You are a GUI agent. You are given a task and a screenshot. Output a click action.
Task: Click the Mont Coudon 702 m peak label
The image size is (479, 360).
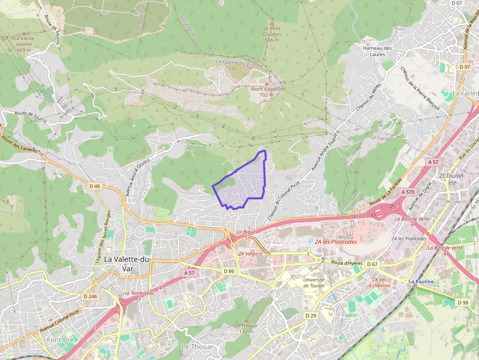coord(267,92)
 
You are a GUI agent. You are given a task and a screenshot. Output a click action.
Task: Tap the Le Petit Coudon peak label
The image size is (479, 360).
coord(272,34)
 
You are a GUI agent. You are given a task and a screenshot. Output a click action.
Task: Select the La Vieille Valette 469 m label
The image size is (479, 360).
coord(23,44)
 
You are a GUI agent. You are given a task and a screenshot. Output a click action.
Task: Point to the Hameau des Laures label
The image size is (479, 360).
coord(377,51)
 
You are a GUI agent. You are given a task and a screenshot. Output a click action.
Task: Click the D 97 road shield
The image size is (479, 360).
coord(464,66)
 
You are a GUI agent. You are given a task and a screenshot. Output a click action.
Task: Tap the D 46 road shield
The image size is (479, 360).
coord(95,186)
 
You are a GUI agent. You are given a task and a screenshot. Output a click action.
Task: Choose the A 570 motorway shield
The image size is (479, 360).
coord(408,192)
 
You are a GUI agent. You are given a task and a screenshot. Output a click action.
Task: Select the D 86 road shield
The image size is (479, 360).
coord(229,271)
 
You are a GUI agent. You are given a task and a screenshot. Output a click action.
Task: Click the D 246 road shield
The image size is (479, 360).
coord(89,296)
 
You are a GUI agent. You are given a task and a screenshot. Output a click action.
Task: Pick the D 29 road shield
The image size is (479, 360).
coord(311,316)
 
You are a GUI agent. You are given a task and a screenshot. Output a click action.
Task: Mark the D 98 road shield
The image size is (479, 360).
coord(463,302)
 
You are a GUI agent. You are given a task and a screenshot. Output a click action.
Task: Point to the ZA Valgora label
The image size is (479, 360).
coord(250,254)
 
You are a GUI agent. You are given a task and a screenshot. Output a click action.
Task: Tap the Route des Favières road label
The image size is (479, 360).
coord(20,144)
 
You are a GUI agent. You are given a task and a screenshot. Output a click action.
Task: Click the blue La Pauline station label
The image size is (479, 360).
coord(421,282)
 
